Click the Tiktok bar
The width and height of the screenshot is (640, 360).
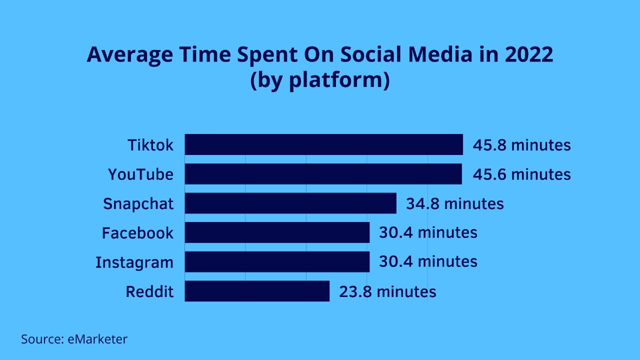tap(323, 144)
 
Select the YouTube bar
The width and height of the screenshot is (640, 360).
tap(323, 174)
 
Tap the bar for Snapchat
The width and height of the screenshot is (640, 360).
tap(290, 203)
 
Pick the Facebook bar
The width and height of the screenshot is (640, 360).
tap(277, 232)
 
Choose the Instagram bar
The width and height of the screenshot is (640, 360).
tap(277, 261)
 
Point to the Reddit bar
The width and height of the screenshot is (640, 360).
tap(257, 291)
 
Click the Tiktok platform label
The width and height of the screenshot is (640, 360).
tap(150, 145)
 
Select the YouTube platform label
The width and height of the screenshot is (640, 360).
tap(140, 174)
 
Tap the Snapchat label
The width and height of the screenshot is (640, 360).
tap(138, 204)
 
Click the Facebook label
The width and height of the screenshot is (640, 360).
tap(137, 233)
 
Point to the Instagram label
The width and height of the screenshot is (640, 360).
tap(134, 262)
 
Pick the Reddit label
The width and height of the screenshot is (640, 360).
tap(149, 291)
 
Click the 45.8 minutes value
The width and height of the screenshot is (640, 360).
tap(521, 145)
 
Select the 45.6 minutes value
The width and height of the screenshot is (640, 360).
tap(521, 174)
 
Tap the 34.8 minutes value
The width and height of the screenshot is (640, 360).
tap(455, 203)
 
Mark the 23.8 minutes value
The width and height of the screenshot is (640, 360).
tap(387, 291)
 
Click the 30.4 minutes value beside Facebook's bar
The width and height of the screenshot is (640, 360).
tap(428, 232)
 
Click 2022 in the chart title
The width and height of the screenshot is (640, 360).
tap(529, 54)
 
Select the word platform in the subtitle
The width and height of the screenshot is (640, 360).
tap(337, 80)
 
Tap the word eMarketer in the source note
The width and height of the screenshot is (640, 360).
tap(97, 339)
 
